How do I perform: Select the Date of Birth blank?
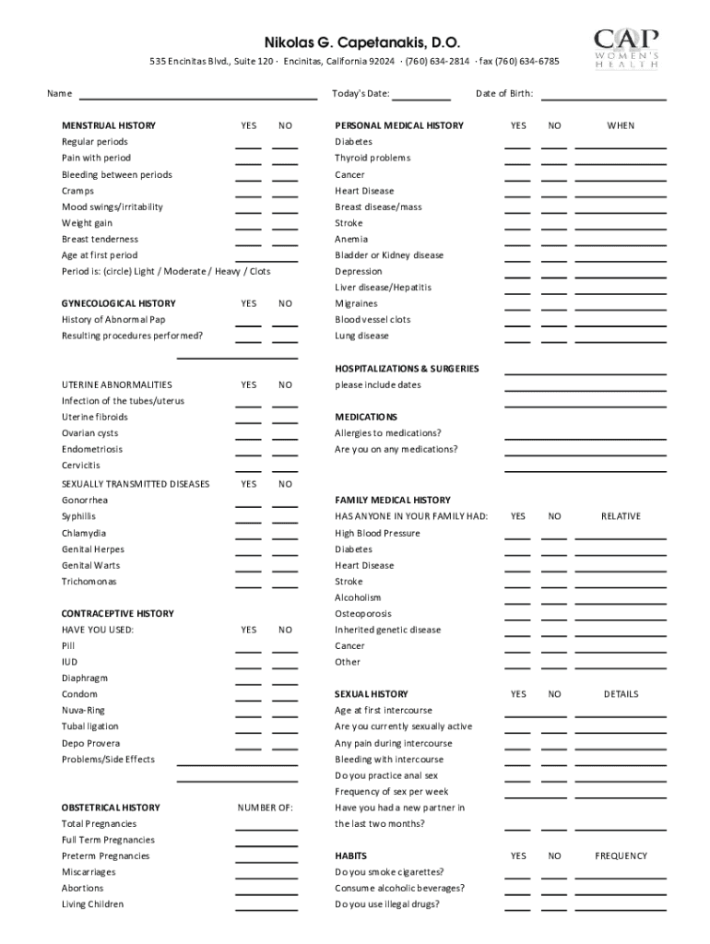[x=603, y=97]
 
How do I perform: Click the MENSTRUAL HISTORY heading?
[x=109, y=125]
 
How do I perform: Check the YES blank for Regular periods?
[x=248, y=146]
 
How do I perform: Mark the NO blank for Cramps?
[x=285, y=195]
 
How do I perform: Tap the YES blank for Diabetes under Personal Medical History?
[x=517, y=146]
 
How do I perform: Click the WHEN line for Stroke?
[x=620, y=227]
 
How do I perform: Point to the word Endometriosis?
[x=92, y=449]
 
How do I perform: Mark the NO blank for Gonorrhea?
[x=285, y=504]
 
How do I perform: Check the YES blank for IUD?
[x=248, y=666]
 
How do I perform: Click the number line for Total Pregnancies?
[x=266, y=828]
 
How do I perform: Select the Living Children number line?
[x=266, y=908]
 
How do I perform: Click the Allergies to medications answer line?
[x=585, y=437]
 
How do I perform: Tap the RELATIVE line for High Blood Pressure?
[x=620, y=537]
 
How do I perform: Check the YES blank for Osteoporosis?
[x=517, y=618]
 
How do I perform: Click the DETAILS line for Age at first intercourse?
[x=620, y=714]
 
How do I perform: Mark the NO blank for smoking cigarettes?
[x=554, y=876]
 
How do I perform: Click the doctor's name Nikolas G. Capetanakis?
[x=361, y=43]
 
